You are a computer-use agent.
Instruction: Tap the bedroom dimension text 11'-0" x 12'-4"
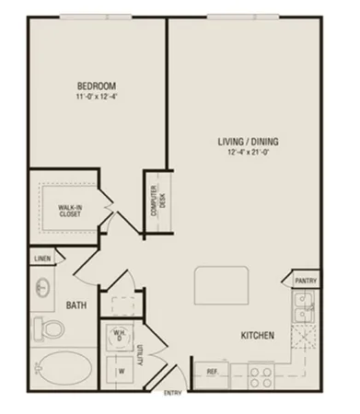click(x=91, y=96)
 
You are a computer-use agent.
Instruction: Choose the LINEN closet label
click(x=41, y=259)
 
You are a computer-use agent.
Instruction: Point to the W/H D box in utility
click(x=119, y=335)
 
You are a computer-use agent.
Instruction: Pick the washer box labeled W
click(x=119, y=371)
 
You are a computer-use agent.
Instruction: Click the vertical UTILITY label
click(x=139, y=353)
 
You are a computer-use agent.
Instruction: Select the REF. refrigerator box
click(x=211, y=373)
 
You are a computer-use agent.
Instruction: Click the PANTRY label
click(x=305, y=280)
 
